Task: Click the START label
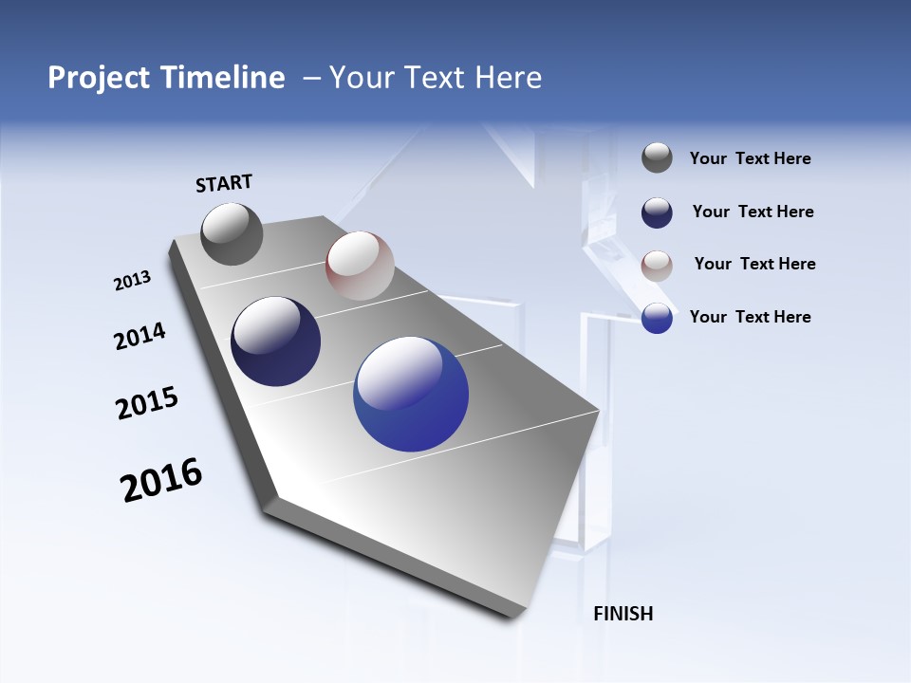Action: (x=224, y=183)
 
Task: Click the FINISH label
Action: (x=623, y=614)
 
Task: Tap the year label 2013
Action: (x=132, y=281)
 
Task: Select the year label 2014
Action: (x=139, y=337)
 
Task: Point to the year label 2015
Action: (x=147, y=403)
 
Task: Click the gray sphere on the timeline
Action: (x=232, y=234)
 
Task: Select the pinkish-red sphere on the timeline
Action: (x=360, y=266)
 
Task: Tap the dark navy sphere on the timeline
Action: (x=276, y=341)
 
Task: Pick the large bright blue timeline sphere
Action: (x=411, y=394)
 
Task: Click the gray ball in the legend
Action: (x=657, y=158)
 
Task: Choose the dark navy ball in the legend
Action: (x=657, y=212)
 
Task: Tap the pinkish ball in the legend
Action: (x=657, y=266)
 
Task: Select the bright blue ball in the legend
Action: (x=657, y=318)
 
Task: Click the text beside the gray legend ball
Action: (x=750, y=159)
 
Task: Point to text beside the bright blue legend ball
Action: (x=750, y=317)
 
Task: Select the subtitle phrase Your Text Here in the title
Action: (x=436, y=78)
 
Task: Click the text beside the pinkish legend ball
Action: (x=754, y=264)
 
